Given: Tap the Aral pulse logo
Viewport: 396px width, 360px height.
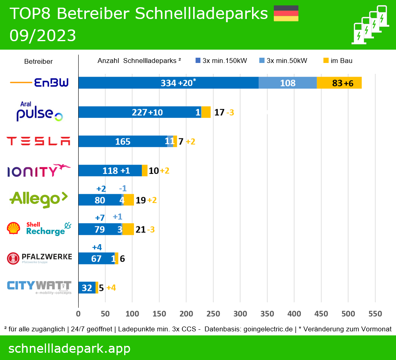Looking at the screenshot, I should (x=40, y=112).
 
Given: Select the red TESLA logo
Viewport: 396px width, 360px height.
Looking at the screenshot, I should (x=39, y=141).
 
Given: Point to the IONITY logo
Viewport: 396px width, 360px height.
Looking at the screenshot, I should (x=39, y=170).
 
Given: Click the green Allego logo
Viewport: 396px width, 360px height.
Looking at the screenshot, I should (x=39, y=199).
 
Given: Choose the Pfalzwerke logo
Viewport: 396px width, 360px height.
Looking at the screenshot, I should (x=39, y=258).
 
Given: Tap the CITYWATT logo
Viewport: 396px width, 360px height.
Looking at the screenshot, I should (x=39, y=287).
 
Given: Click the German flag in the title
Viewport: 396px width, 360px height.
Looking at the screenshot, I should (x=286, y=13).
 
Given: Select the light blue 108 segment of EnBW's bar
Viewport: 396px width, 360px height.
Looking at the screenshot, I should (x=288, y=83).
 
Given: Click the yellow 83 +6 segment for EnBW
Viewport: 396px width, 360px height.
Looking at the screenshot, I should (x=339, y=83).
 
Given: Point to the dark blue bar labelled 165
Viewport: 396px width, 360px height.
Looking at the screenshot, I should (x=123, y=141).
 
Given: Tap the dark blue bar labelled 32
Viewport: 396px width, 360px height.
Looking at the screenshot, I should (x=87, y=288).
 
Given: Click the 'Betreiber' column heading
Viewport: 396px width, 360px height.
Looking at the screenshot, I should (x=38, y=61).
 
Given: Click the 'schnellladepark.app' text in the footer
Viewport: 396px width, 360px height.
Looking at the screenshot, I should (x=69, y=348).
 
